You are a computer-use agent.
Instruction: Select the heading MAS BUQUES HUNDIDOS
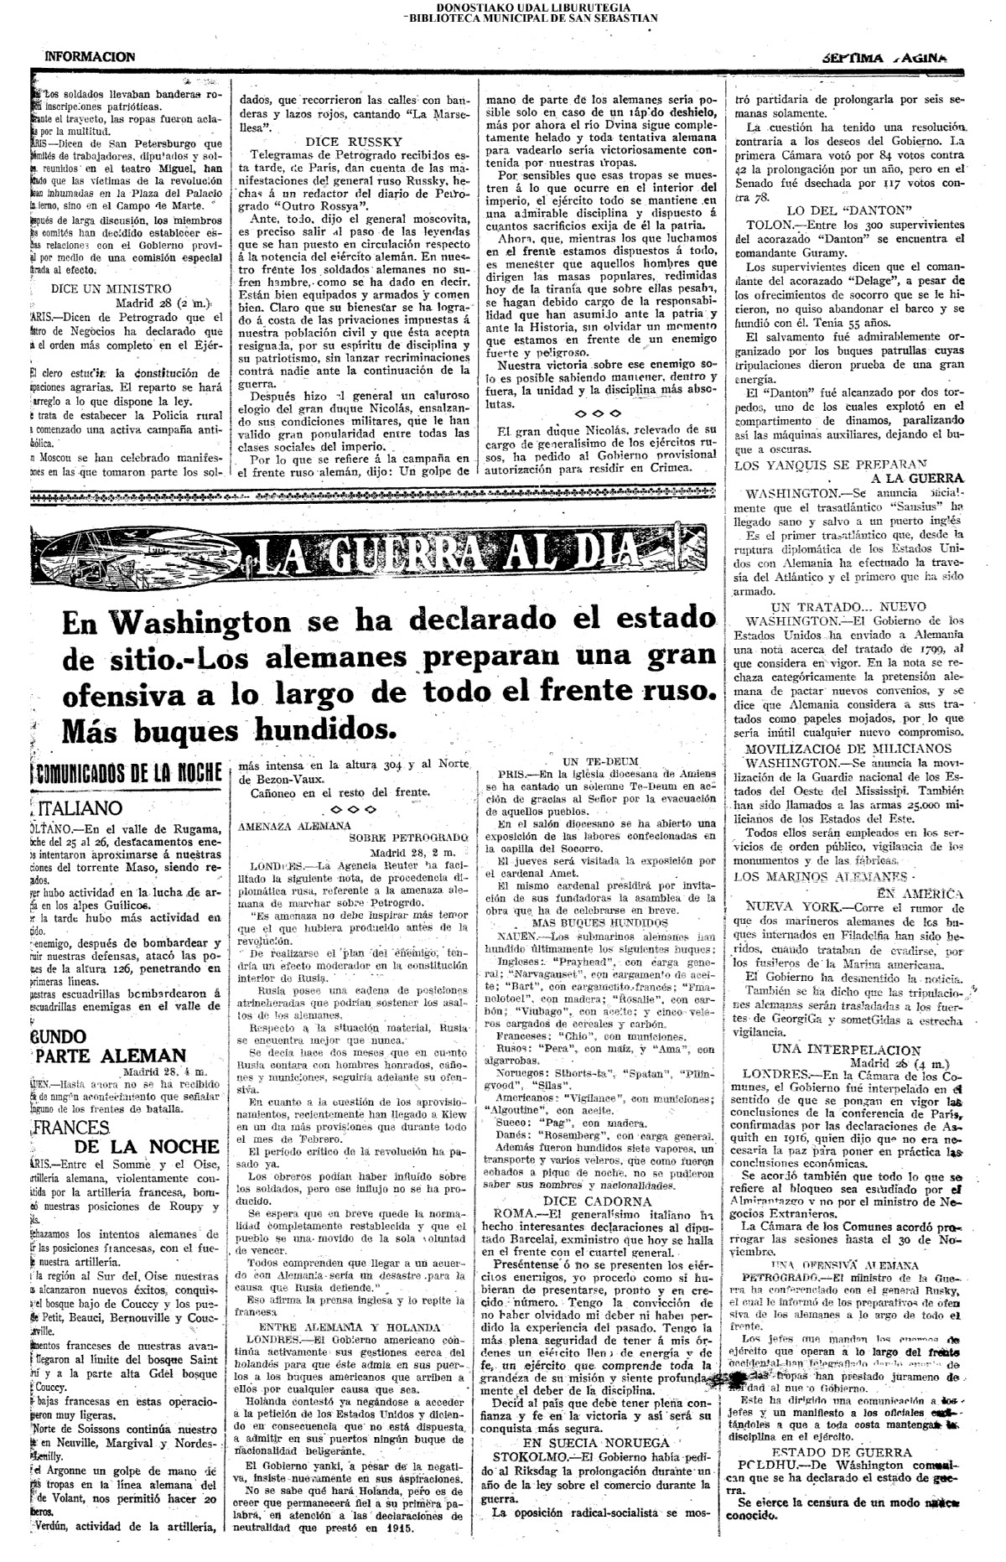pyautogui.click(x=598, y=921)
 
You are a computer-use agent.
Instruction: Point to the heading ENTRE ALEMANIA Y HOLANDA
pyautogui.click(x=350, y=1327)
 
